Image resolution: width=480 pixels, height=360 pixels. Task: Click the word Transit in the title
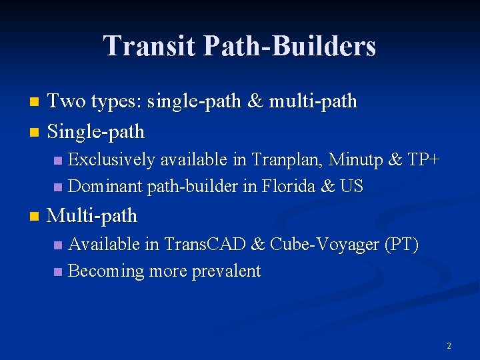(x=149, y=47)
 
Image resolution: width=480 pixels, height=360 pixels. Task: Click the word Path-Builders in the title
(x=290, y=47)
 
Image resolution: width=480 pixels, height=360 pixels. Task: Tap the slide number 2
(x=449, y=346)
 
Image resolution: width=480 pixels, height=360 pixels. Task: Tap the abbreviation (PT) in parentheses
(x=401, y=245)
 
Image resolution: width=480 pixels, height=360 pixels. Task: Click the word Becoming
(x=106, y=271)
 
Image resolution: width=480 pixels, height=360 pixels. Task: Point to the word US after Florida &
(x=351, y=186)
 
